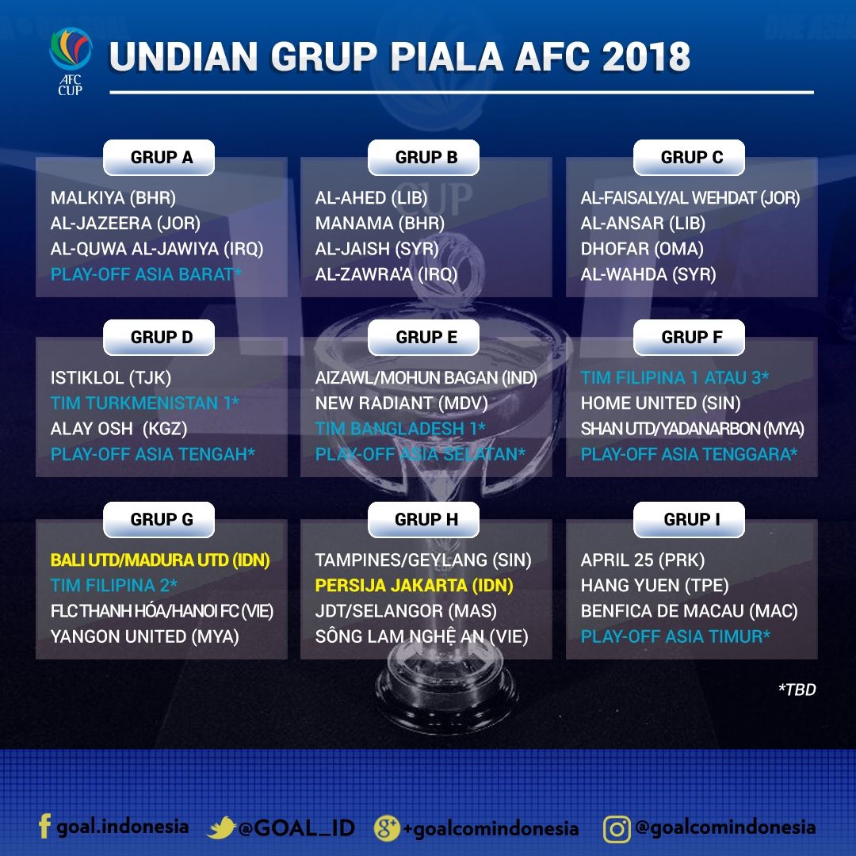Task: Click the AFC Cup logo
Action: click(70, 60)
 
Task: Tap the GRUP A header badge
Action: click(161, 157)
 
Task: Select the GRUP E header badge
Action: click(426, 337)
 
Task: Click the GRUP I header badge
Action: click(691, 519)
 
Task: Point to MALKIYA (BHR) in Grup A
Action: click(113, 198)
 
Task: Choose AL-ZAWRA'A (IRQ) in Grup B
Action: click(386, 274)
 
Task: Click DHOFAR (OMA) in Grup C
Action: click(641, 249)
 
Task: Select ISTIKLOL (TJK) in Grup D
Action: click(110, 378)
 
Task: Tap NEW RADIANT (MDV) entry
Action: click(401, 403)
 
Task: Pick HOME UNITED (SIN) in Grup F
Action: click(660, 403)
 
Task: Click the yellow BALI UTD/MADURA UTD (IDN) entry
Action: click(160, 560)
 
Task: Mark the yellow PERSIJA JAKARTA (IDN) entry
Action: click(414, 586)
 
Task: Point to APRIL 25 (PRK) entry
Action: click(642, 560)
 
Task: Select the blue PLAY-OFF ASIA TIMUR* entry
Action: click(675, 636)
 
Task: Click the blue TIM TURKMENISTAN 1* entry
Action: click(145, 403)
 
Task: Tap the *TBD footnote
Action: click(796, 690)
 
